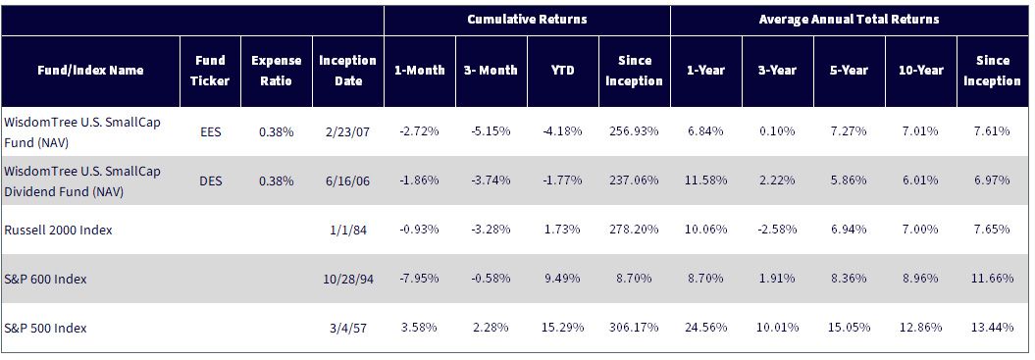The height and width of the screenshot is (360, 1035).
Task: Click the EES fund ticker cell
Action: [211, 130]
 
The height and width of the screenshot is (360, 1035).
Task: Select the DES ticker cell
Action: [211, 180]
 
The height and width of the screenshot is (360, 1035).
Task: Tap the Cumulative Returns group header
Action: [527, 20]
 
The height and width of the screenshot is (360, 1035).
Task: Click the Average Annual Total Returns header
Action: [849, 20]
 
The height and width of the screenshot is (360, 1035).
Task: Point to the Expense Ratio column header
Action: [277, 71]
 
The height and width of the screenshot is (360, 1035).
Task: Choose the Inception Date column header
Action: [348, 71]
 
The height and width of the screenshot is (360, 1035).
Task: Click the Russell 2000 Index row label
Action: [58, 230]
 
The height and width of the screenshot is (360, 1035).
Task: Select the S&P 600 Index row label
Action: [45, 279]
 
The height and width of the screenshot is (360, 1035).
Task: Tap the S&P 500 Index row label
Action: [45, 328]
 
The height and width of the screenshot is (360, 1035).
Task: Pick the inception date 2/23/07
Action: [348, 130]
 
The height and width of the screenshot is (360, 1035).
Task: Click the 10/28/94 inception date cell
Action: [348, 279]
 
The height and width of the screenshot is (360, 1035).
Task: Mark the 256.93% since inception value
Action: [635, 130]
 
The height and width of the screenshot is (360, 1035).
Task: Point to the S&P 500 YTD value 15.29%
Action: [562, 328]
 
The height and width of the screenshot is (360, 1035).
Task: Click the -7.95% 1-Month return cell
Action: [419, 279]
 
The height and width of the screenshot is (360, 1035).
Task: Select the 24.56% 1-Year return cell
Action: [705, 328]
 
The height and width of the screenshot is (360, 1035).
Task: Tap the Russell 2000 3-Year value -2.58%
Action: [778, 230]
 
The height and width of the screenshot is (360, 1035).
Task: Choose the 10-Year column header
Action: [920, 70]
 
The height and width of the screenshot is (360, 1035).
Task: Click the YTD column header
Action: [562, 70]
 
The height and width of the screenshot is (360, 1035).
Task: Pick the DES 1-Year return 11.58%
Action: [705, 180]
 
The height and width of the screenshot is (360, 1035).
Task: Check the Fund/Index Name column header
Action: [90, 70]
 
